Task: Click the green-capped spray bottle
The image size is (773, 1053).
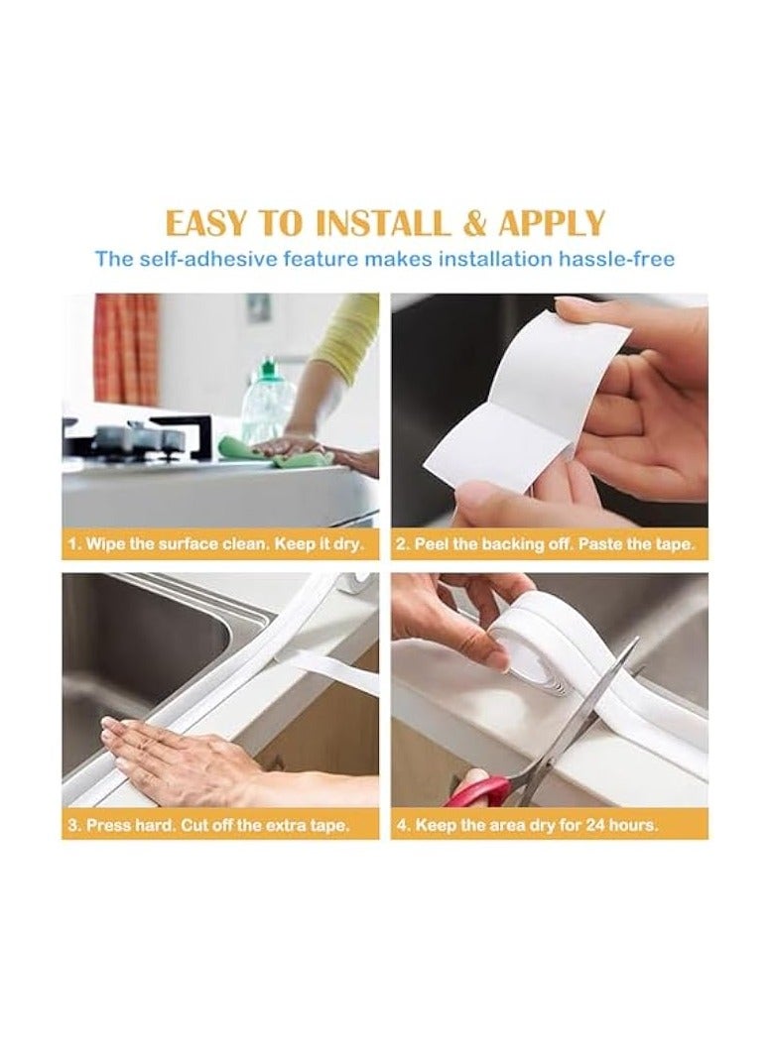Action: pyautogui.click(x=267, y=402)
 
